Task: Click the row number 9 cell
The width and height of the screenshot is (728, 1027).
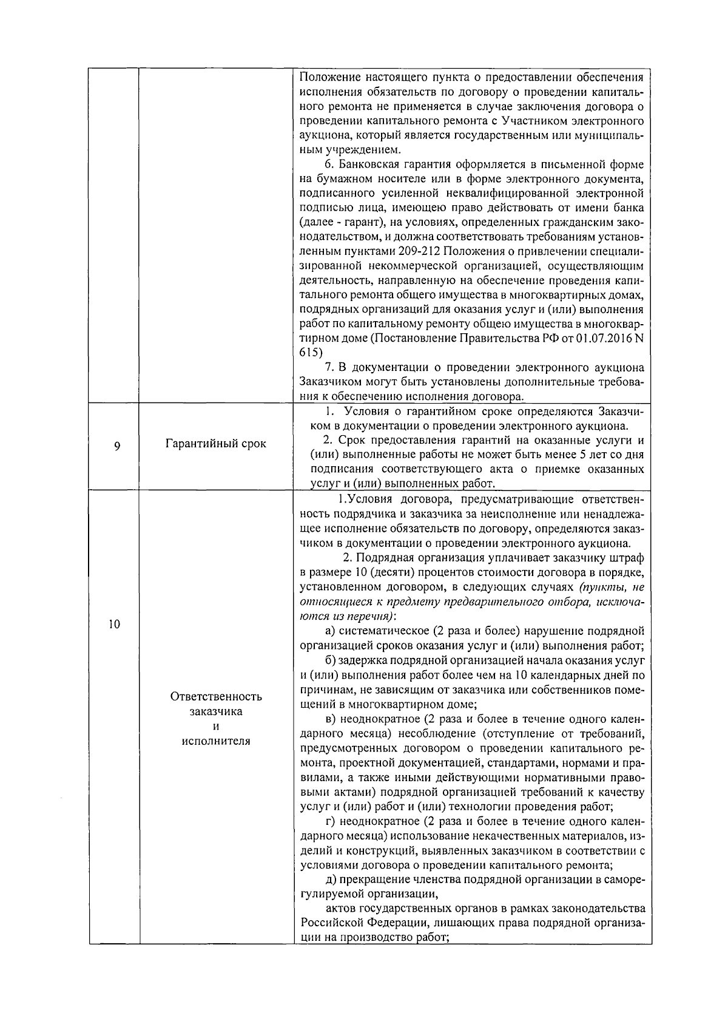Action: tap(116, 446)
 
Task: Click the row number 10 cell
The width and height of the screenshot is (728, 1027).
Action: tap(115, 625)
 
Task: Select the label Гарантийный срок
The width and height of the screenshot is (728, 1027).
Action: tap(216, 444)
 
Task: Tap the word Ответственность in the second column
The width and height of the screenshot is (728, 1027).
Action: tap(216, 696)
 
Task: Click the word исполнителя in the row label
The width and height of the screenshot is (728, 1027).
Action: tap(216, 741)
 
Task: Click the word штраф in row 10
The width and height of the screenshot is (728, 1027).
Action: tap(629, 558)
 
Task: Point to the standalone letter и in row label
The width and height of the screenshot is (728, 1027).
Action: tap(216, 727)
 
